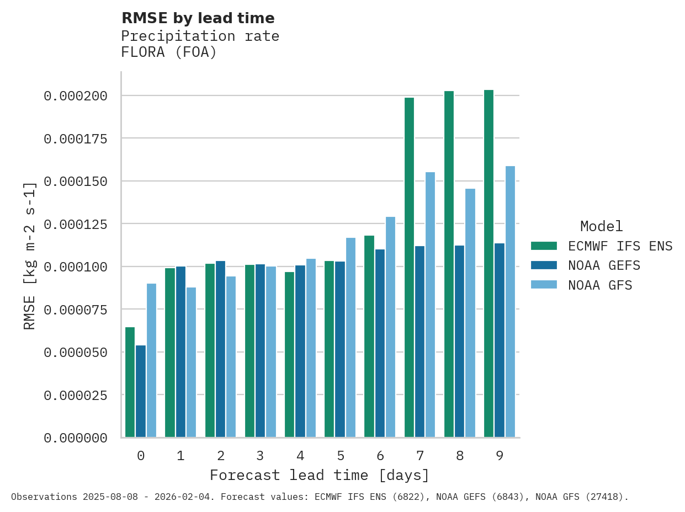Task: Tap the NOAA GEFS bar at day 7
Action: (420, 342)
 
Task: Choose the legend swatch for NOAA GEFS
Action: (544, 265)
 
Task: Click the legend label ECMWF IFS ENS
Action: (620, 246)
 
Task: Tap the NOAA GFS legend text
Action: (600, 285)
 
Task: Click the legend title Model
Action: (601, 226)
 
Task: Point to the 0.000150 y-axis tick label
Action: (75, 181)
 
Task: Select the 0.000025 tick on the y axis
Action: (75, 395)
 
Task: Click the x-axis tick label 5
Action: (341, 456)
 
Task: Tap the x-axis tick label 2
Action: (221, 456)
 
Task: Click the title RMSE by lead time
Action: (198, 18)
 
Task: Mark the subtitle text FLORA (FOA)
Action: (169, 52)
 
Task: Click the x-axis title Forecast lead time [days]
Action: (320, 475)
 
